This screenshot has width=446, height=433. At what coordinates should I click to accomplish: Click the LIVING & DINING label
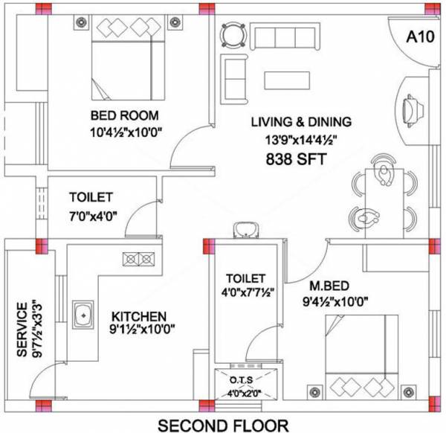point(300,121)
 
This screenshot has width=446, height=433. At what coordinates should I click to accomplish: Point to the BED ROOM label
point(125,116)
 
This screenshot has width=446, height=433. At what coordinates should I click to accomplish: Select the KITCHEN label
point(139,316)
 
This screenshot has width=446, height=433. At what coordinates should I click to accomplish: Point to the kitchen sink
point(84,315)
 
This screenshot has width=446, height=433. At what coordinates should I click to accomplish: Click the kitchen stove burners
point(139,259)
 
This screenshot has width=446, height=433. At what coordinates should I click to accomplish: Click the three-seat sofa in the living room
point(285,34)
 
